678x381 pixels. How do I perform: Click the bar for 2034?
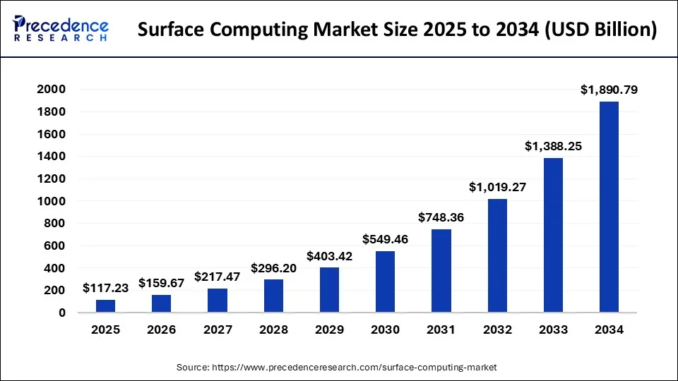609,207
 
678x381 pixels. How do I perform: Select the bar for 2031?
441,270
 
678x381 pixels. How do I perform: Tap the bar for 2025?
105,306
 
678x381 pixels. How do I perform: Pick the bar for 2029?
329,289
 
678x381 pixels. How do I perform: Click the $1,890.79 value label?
609,90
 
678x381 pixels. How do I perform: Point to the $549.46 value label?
385,238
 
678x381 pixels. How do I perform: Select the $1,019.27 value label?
497,187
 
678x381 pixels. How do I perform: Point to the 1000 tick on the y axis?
52,201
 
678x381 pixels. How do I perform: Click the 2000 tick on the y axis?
52,90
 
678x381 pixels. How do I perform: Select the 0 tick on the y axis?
62,313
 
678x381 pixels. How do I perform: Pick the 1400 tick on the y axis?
52,157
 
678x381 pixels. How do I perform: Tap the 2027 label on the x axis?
218,329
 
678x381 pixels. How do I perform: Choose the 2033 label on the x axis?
553,329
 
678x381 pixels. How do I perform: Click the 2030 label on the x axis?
385,329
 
